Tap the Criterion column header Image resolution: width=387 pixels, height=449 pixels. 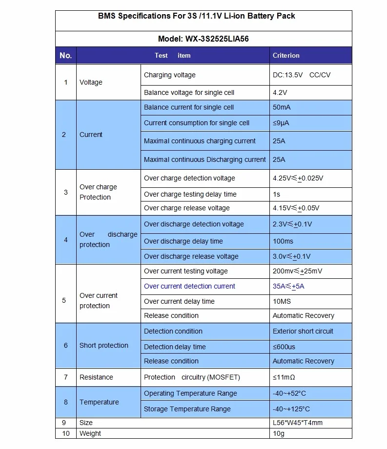[286, 55]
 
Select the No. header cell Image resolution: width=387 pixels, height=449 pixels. [66, 55]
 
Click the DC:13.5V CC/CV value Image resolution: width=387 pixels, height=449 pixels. [305, 75]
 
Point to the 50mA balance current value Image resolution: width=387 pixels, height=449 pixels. [282, 107]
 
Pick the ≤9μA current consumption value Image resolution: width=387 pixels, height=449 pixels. [281, 123]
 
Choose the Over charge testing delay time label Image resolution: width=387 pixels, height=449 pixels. [190, 194]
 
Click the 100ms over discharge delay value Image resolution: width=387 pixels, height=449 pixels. [283, 241]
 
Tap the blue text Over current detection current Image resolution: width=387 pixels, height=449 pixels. [189, 286]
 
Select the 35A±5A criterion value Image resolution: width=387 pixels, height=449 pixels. [288, 286]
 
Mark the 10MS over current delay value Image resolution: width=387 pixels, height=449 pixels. [282, 301]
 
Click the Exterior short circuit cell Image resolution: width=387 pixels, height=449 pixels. [303, 331]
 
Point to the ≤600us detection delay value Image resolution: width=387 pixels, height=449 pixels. [284, 347]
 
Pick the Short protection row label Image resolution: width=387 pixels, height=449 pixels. [104, 345]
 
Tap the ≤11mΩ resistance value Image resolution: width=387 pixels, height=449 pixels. [284, 377]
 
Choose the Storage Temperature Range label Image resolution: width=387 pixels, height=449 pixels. [187, 409]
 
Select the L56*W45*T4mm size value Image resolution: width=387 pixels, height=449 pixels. [298, 423]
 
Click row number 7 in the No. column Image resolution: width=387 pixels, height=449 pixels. [66, 377]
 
